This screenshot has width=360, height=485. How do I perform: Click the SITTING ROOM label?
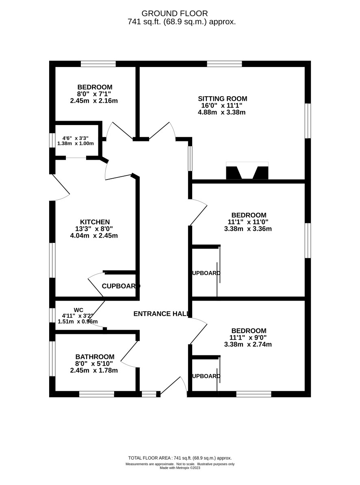(222, 98)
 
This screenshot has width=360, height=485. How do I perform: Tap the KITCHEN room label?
(95, 222)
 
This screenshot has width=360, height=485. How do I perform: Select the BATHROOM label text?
(95, 357)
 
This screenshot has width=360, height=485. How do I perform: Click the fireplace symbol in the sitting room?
(247, 171)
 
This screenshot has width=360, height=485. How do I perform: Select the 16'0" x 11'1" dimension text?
(222, 105)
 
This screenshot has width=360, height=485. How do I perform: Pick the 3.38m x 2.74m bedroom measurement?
(248, 344)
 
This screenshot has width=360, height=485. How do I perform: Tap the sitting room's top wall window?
(224, 63)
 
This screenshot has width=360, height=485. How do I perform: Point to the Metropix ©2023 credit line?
(180, 468)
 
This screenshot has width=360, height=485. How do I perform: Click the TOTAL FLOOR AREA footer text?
(180, 458)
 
